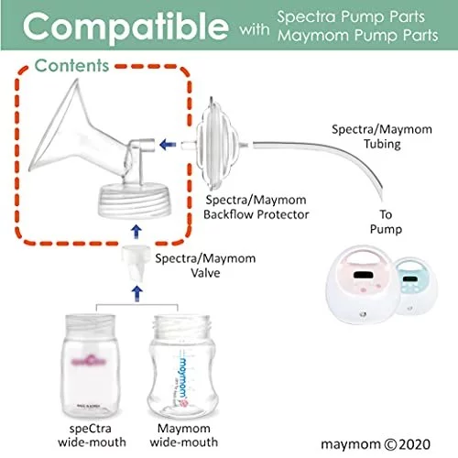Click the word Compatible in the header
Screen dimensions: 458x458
click(125, 28)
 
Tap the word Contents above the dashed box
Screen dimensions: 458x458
click(71, 66)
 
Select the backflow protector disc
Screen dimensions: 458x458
click(217, 144)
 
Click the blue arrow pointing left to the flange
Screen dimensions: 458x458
click(168, 144)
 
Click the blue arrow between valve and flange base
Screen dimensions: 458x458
click(136, 232)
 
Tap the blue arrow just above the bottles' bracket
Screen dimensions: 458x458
click(136, 293)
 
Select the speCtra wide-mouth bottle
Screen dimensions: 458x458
click(90, 365)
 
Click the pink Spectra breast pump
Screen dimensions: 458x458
click(363, 284)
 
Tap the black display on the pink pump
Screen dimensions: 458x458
click(364, 275)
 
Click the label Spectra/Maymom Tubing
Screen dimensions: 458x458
click(382, 136)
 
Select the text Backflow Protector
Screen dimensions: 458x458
click(256, 214)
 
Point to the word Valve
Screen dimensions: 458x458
click(205, 273)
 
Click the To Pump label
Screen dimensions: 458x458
click(386, 222)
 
